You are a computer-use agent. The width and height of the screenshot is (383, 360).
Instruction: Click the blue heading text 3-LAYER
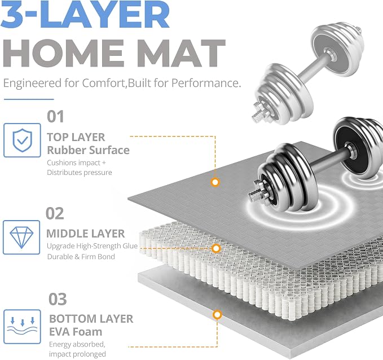point(85,14)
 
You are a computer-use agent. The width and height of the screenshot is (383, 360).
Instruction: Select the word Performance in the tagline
point(206,83)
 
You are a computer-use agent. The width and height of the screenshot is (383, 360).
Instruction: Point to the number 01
point(55,117)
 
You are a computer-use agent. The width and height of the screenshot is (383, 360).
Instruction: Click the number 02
point(55,213)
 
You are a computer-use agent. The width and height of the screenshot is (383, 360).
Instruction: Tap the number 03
point(58,299)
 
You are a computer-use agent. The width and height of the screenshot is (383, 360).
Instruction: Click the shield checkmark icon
point(22,140)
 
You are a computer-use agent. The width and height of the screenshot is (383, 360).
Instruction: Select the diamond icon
point(21,238)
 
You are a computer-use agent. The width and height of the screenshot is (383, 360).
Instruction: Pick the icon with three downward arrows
point(22,327)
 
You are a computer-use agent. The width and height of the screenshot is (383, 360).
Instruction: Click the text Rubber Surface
point(88,150)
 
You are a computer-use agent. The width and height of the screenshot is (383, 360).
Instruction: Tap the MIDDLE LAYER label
point(86,234)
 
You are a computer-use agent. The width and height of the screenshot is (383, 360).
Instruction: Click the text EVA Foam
point(76,332)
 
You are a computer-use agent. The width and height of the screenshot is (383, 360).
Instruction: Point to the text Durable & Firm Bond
point(81,257)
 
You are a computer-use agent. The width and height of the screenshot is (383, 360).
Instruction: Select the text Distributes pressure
point(80,173)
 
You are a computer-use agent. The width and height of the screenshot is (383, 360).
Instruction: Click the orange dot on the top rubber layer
point(215,182)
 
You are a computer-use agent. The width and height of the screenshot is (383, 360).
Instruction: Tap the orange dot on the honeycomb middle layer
point(216,248)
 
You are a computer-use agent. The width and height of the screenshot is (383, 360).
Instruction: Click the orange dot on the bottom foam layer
point(217,315)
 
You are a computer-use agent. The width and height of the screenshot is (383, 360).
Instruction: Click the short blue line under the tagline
point(29,99)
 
